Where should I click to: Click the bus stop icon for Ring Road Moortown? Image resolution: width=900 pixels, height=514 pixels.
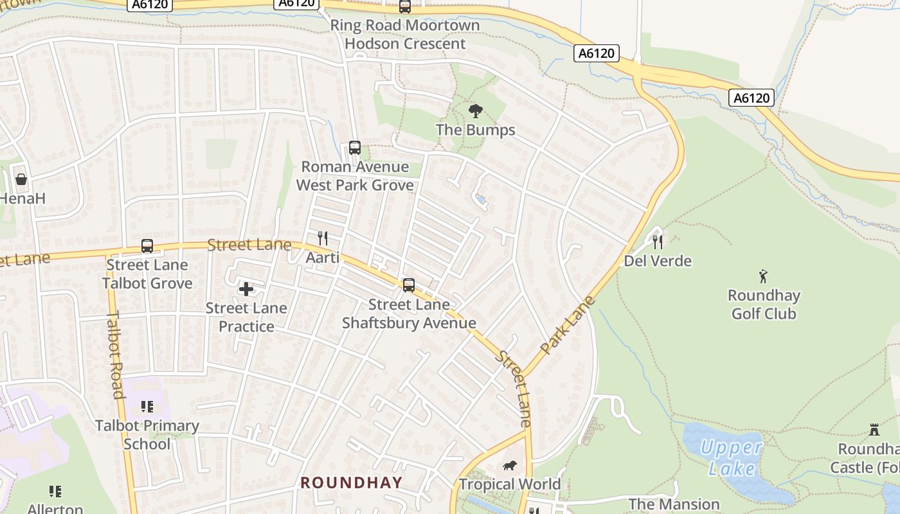pos(404,7)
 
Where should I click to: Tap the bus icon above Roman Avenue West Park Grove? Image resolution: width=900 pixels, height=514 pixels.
pos(354,148)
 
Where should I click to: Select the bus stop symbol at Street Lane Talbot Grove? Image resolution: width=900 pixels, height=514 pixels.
pos(147,246)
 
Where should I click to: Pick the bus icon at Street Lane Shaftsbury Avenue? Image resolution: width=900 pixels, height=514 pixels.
pos(408,285)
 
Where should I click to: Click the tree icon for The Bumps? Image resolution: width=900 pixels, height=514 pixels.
pos(475,111)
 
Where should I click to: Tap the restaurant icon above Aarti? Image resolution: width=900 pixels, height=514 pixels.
pos(323,238)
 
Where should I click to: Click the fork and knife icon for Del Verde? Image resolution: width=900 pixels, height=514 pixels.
pos(657,242)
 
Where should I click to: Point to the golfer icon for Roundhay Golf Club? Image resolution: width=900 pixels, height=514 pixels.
pos(763,277)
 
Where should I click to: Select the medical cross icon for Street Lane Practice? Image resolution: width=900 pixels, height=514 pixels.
pos(246,289)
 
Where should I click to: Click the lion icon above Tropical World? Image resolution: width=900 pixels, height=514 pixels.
pos(509,466)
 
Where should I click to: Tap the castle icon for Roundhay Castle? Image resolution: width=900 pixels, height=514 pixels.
pos(874,430)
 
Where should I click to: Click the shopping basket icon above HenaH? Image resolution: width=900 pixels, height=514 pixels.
pos(21,179)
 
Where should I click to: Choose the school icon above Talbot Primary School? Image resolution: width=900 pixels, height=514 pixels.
pos(147,407)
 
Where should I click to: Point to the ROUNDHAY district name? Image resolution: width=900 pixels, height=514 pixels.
pos(351,483)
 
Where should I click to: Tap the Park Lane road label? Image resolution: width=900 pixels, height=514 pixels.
pos(568,325)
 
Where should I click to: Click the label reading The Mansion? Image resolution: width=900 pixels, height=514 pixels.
pos(674,504)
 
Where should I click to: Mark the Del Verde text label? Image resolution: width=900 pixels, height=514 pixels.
pos(658,261)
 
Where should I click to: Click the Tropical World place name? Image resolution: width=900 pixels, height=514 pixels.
pos(510,484)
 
